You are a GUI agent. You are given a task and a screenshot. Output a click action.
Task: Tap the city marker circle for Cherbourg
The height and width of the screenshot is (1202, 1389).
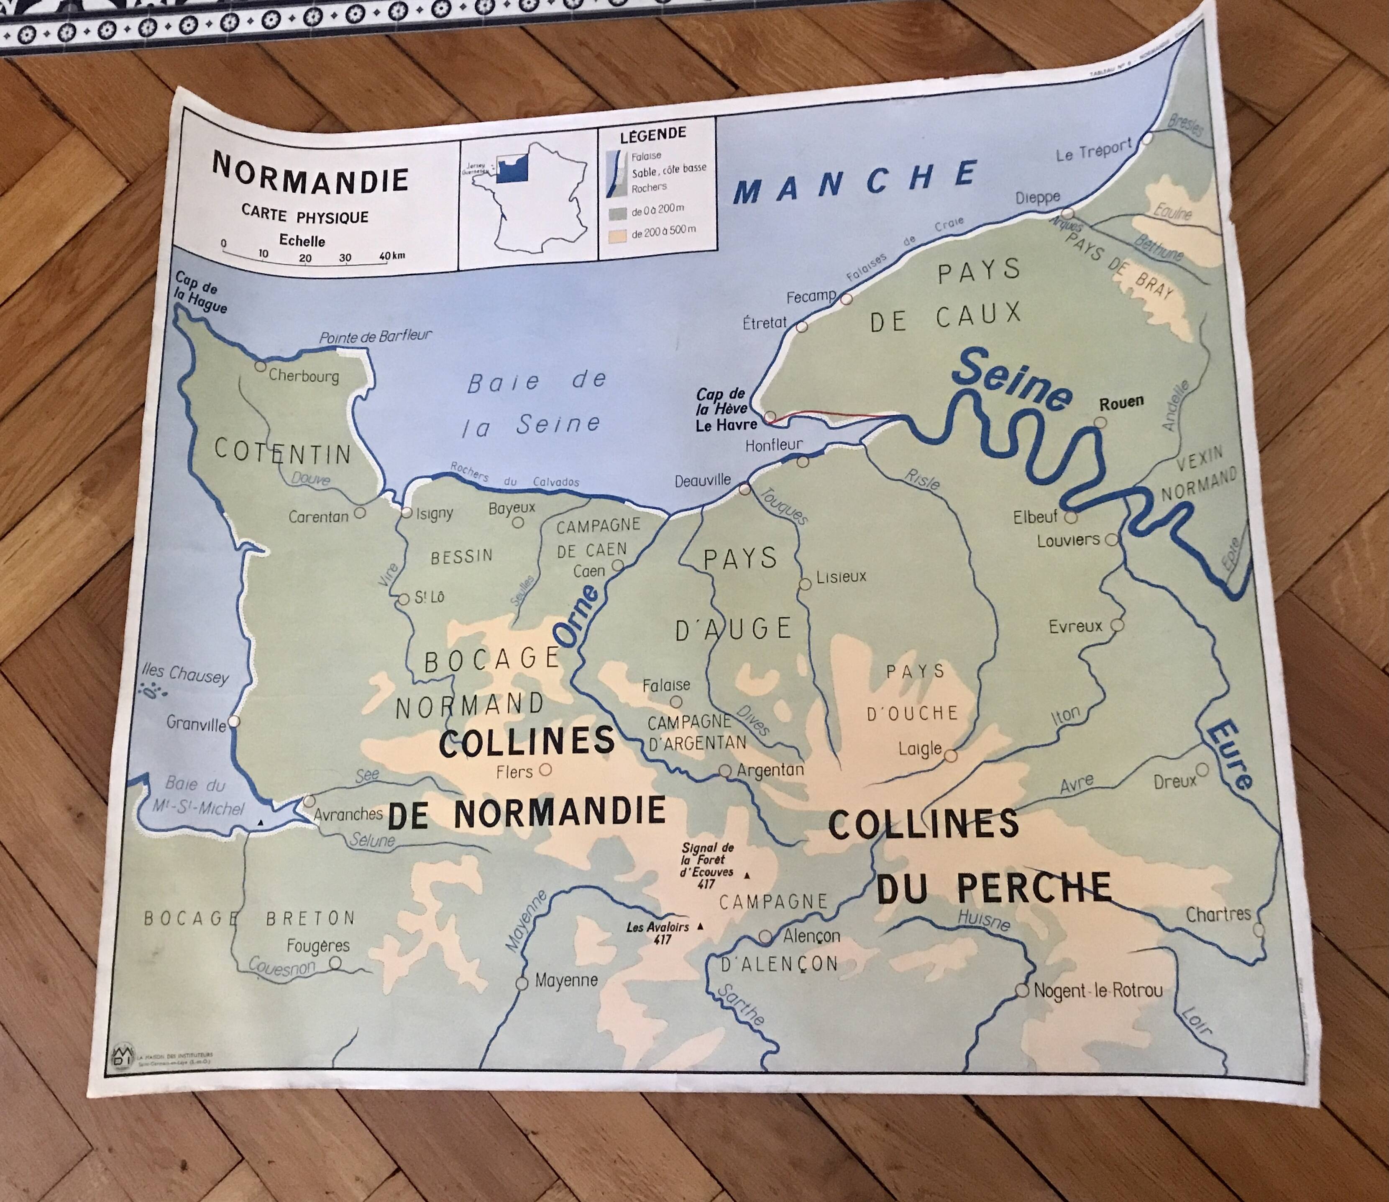pos(260,366)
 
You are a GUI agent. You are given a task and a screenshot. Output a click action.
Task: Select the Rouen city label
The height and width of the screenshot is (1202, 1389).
pos(1121,403)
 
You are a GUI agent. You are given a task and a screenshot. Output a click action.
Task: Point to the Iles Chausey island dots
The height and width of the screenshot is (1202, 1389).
pos(155,689)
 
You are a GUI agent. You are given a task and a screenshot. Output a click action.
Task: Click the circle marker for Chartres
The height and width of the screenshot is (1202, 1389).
pos(1258,930)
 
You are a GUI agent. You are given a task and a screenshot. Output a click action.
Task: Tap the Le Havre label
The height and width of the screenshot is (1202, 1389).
pos(726,424)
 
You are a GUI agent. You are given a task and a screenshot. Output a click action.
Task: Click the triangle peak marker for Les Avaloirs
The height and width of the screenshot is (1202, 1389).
pos(701,926)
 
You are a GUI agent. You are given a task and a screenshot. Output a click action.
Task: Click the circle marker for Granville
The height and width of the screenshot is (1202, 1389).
pos(233,721)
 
